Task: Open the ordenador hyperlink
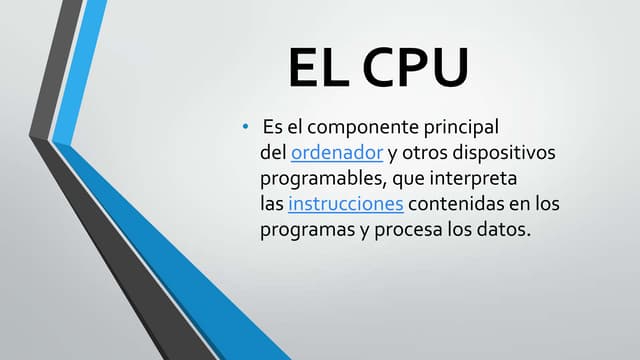pos(337,155)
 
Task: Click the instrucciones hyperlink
pos(345,205)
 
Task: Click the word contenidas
pos(460,205)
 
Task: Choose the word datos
pos(504,230)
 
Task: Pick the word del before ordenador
pos(273,155)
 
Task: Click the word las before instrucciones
pos(272,205)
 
